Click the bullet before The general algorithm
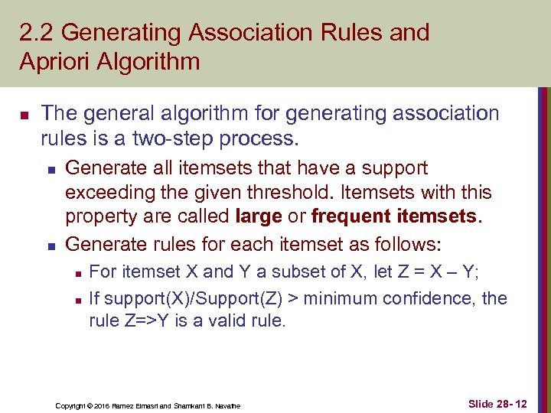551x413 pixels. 23,115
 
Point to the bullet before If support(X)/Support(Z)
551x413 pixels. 74,298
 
